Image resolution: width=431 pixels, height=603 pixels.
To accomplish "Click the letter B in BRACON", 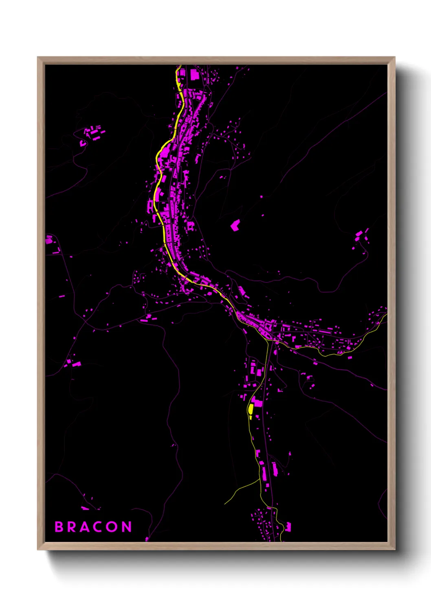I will point(59,527).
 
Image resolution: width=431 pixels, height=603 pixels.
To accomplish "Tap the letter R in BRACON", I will point(72,527).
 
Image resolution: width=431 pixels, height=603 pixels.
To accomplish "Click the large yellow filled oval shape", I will point(251,409).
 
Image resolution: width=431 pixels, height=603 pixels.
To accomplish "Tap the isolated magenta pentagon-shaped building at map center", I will point(235,225).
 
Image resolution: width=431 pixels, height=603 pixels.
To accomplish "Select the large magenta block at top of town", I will point(194,75).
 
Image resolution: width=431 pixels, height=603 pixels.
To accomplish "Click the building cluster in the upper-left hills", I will point(92,134).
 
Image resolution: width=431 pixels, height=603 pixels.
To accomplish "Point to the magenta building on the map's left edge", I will point(49,240).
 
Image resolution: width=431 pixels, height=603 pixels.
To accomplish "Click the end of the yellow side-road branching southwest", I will point(225,504).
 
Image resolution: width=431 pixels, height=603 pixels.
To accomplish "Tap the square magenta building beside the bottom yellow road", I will point(288,527).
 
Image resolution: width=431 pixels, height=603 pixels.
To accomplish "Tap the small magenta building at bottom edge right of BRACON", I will point(147,539).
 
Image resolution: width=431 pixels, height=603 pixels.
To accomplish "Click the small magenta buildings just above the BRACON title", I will point(86,508).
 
